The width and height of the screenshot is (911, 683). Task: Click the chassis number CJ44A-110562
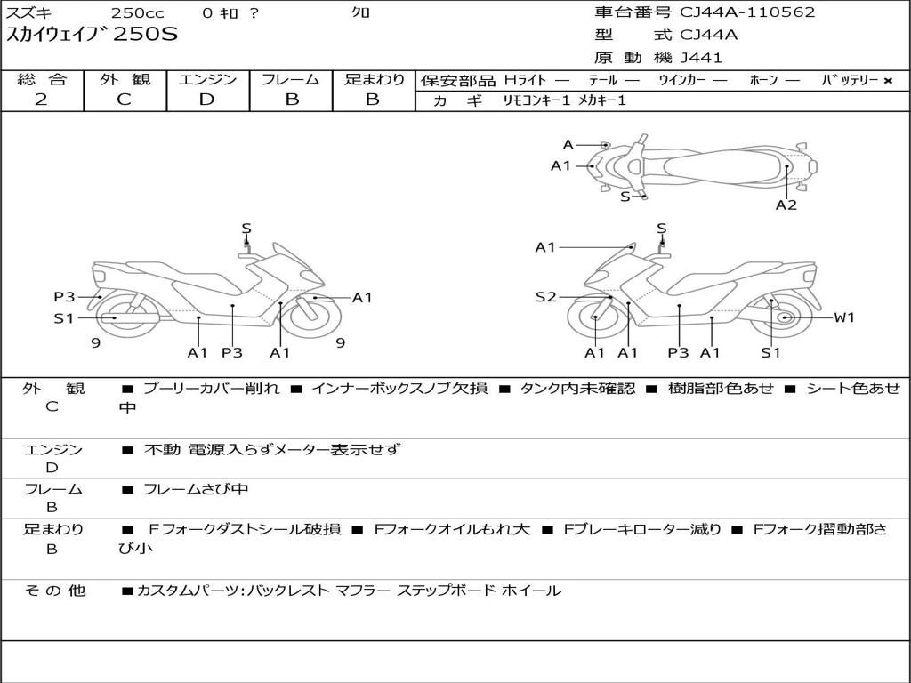click(747, 12)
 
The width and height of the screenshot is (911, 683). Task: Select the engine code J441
click(701, 58)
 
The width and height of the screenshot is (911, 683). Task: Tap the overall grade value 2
click(41, 100)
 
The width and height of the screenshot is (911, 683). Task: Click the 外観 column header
click(125, 79)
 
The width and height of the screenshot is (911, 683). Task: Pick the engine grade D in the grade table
click(206, 100)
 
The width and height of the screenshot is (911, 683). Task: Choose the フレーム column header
click(290, 79)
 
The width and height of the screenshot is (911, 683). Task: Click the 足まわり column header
click(374, 79)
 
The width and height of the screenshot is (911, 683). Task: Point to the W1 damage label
click(843, 317)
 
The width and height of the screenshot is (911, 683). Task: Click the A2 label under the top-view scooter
click(786, 205)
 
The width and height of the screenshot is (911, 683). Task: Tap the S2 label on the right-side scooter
click(545, 297)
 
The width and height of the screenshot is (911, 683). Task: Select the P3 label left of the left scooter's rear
click(64, 297)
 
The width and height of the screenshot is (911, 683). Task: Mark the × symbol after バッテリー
click(887, 80)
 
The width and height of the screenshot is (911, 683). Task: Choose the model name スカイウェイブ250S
click(93, 35)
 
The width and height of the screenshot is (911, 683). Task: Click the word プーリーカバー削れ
click(212, 389)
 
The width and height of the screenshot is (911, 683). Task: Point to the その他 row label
click(54, 591)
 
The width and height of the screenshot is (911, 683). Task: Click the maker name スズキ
click(28, 12)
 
